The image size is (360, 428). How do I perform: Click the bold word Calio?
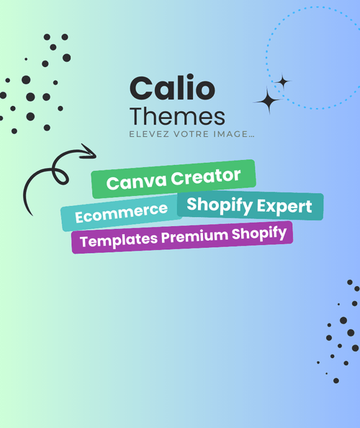pos(172,87)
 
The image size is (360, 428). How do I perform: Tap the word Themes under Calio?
pos(177,117)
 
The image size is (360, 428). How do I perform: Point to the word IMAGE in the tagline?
pos(230,134)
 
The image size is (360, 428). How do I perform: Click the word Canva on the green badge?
pos(136,182)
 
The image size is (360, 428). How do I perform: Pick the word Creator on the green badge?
pos(206,176)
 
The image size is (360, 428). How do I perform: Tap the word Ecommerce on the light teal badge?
pos(122,213)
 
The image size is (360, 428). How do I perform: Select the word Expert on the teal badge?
pos(284,206)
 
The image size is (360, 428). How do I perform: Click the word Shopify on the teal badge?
pos(220,205)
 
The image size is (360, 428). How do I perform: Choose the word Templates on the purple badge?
pos(119,241)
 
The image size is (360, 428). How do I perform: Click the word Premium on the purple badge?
pos(194,236)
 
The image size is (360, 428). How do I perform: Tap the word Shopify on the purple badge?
pos(259,234)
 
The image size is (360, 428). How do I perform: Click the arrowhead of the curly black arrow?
pos(90,151)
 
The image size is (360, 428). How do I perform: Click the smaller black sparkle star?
pos(283,81)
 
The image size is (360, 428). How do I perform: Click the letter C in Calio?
pos(142,88)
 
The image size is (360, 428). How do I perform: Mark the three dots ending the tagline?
pos(251,136)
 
